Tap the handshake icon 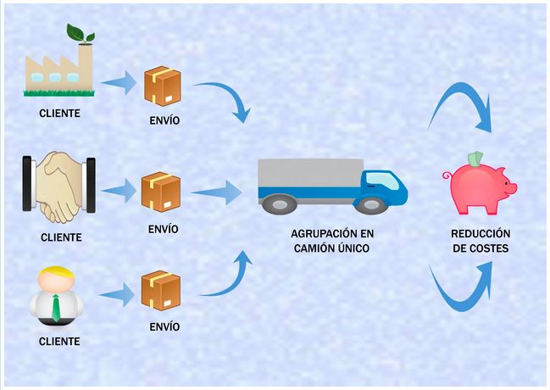pyautogui.click(x=58, y=186)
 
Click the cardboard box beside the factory pyautogui.click(x=162, y=86)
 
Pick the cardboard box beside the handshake pyautogui.click(x=162, y=192)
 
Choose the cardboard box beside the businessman pyautogui.click(x=161, y=290)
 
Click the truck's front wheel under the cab pyautogui.click(x=370, y=204)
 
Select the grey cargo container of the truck pyautogui.click(x=310, y=175)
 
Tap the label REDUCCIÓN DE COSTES pyautogui.click(x=480, y=241)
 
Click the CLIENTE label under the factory pyautogui.click(x=59, y=113)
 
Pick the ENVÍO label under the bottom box pyautogui.click(x=164, y=326)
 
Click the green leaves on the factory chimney pyautogui.click(x=82, y=34)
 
